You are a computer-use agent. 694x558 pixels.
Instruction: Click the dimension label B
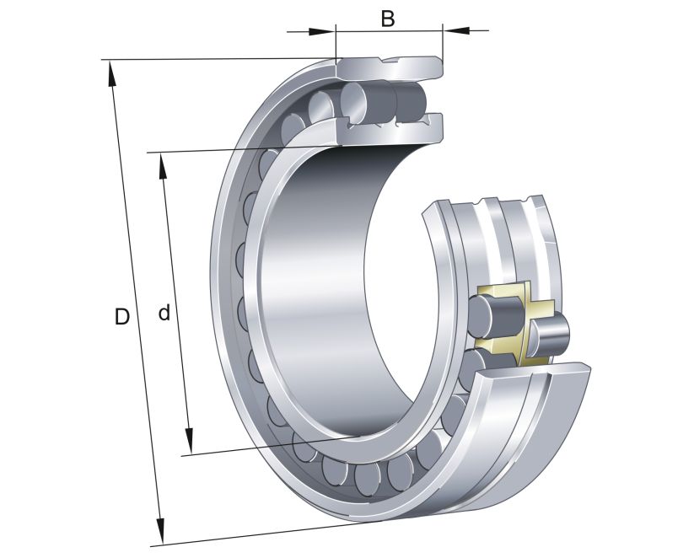[x=387, y=18]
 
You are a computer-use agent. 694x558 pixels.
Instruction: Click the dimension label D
[x=122, y=317]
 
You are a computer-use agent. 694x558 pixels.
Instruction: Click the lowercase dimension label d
[x=164, y=314]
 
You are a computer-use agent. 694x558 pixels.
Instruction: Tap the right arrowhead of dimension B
[x=456, y=31]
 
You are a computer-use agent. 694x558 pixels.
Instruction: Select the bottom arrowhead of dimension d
[x=190, y=442]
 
